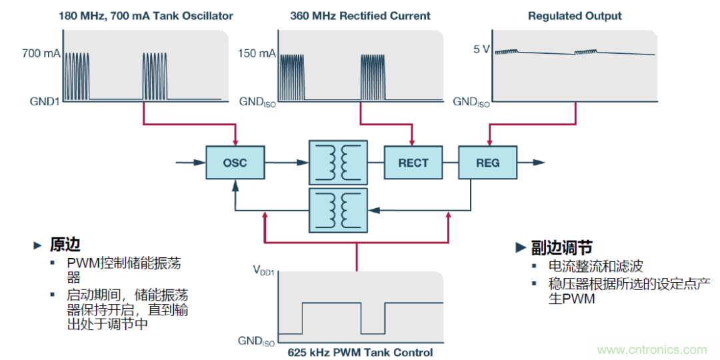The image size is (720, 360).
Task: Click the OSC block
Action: coord(235,163)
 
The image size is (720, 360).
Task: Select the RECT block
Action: coord(413,163)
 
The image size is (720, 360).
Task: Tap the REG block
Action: coord(487,163)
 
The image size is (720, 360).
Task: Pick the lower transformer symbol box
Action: coord(338,209)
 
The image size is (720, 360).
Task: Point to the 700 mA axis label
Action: coord(41,53)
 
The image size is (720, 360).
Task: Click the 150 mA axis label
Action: coord(256,53)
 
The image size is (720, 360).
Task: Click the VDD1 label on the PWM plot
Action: coord(264,270)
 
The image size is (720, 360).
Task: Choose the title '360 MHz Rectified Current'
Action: coord(360,15)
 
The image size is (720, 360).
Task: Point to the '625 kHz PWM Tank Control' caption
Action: coord(360,352)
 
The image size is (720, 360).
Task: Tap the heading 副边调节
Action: coord(562,248)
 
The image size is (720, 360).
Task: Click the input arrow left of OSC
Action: coord(190,162)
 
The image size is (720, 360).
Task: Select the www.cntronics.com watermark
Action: coord(652,350)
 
